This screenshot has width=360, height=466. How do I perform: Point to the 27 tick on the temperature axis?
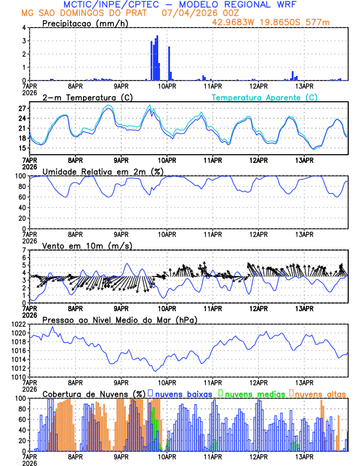[x=22, y=109]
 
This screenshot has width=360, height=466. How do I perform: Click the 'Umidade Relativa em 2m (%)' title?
[x=103, y=171]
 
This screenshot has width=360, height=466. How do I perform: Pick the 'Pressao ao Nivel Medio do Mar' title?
[x=119, y=319]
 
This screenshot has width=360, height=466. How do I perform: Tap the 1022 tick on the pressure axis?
[x=18, y=325]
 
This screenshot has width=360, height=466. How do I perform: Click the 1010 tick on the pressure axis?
[x=18, y=377]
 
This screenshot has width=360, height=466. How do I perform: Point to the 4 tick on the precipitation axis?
[x=24, y=28]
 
